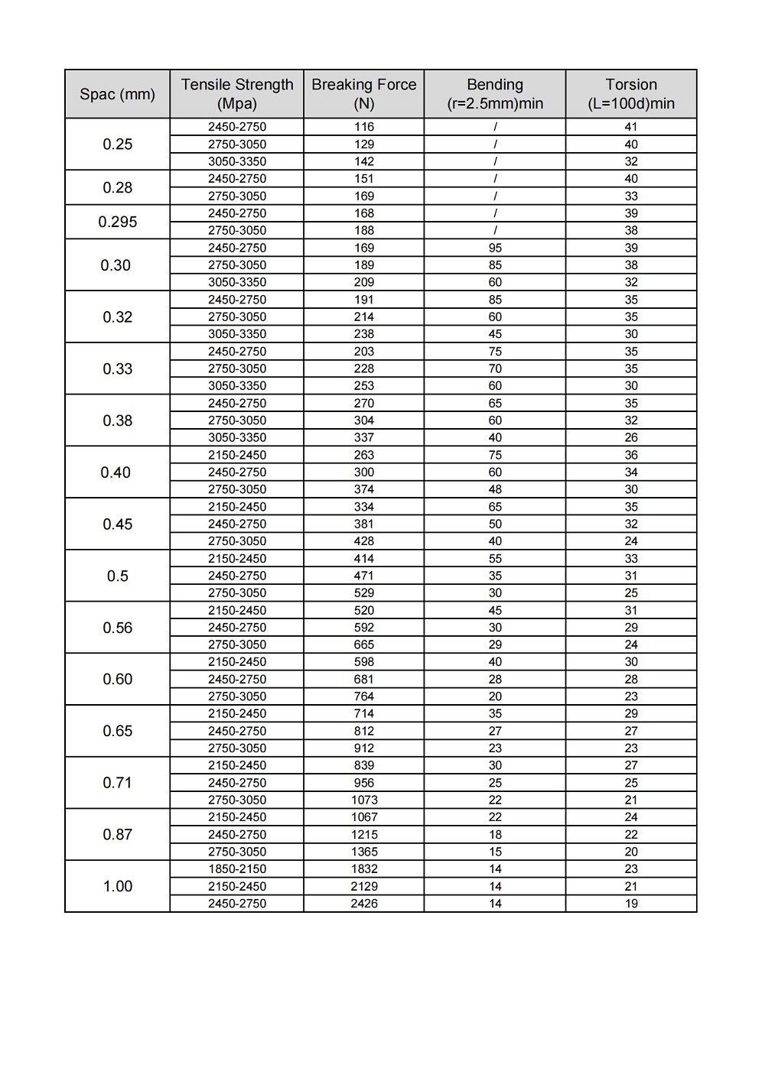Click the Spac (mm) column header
tap(117, 94)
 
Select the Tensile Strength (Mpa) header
tap(237, 94)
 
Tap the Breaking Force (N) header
tap(364, 94)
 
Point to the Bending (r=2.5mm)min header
tap(495, 94)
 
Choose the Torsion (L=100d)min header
tap(631, 94)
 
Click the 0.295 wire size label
tap(117, 222)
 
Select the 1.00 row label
tap(117, 886)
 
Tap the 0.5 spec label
tap(117, 576)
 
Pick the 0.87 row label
tap(117, 834)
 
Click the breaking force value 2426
tap(364, 904)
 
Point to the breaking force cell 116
tap(364, 127)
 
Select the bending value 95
tap(495, 248)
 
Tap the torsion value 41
tap(631, 127)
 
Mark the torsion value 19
tap(631, 904)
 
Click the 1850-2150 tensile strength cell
tap(237, 869)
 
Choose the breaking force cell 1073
tap(364, 800)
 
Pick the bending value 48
tap(495, 489)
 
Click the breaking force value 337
tap(364, 437)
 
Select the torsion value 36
tap(631, 455)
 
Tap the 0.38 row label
tap(117, 420)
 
